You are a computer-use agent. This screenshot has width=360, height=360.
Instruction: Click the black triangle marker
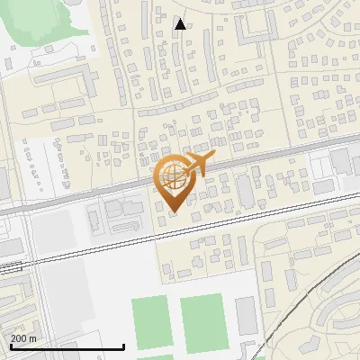click(x=180, y=24)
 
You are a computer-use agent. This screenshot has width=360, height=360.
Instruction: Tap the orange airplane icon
click(x=197, y=164)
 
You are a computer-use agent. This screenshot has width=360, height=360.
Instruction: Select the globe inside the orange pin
click(x=171, y=176)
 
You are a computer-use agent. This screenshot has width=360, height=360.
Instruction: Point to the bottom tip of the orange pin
click(x=171, y=211)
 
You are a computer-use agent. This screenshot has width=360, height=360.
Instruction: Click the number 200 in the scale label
click(x=19, y=337)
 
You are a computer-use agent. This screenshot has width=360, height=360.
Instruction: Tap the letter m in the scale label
click(x=33, y=337)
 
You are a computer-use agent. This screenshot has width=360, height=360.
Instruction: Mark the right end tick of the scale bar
click(x=123, y=345)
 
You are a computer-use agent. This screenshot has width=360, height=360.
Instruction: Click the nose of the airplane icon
click(x=214, y=160)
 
